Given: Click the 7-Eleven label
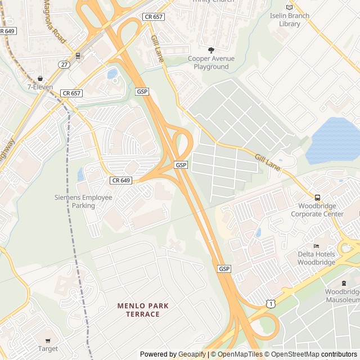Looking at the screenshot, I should pos(40,87).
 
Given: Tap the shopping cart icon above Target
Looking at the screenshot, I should pos(48,341).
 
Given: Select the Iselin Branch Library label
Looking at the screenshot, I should pos(289,20).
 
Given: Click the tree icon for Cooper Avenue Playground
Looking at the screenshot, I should pos(211,50).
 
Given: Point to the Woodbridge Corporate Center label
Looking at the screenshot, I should pos(317,210).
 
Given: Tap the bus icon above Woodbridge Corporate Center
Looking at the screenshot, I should pos(317,197).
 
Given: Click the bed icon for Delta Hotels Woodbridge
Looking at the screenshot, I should pos(316,246).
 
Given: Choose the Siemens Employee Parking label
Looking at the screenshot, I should pos(83,201).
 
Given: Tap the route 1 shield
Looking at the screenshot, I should pos(272,304).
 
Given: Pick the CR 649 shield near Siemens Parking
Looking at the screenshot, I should pos(121,181).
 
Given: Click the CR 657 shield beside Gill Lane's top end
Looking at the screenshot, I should pos(153,17).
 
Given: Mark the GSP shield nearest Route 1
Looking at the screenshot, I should pos(224,269).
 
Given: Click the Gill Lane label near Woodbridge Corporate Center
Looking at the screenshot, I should pos(267,163).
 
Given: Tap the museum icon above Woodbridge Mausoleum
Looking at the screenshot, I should pos(344,282).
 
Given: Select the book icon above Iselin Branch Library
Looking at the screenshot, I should pos(290,7).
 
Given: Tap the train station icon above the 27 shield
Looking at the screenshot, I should pos(77,56).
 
